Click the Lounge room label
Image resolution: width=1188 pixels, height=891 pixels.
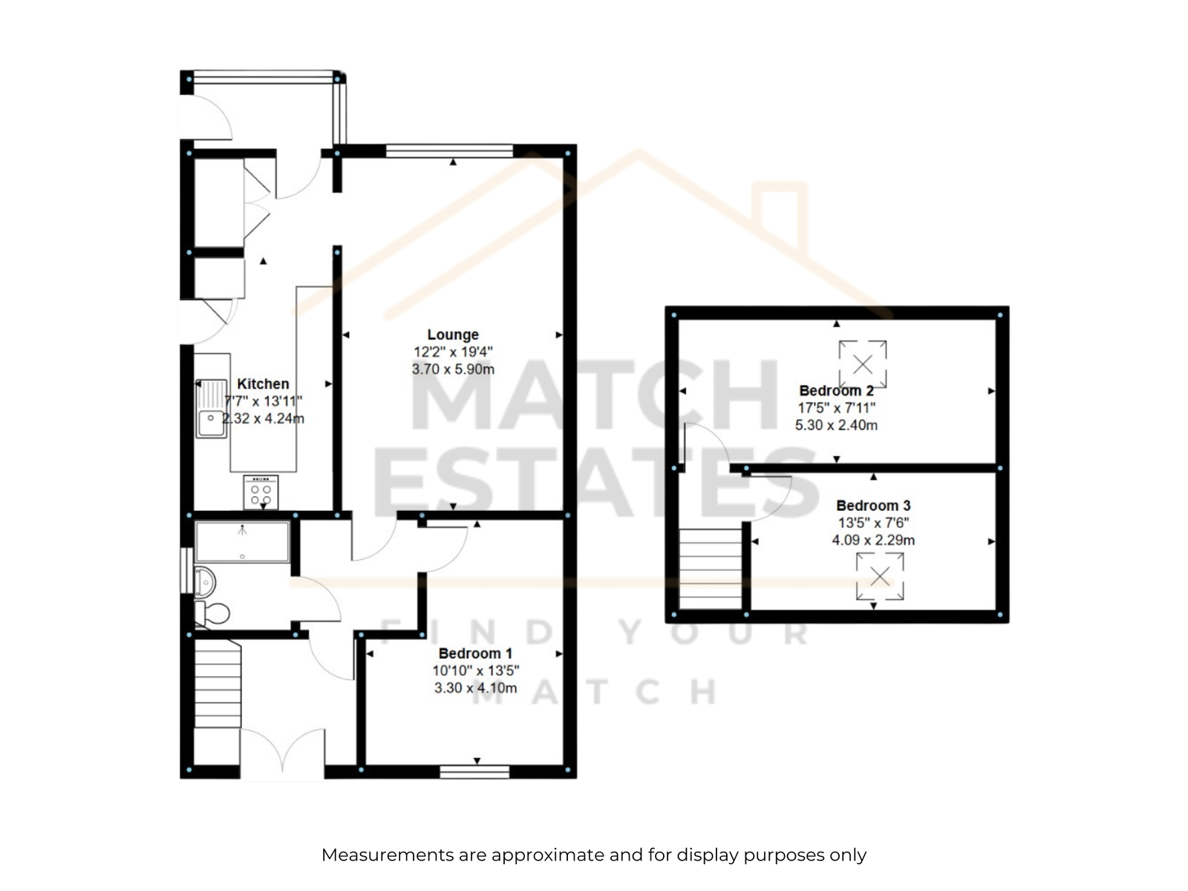pos(452,335)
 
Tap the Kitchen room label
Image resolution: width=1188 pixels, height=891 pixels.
pos(263,384)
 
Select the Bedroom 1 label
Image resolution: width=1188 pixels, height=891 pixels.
pos(475,653)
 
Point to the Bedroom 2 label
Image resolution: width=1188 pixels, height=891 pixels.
pos(836,391)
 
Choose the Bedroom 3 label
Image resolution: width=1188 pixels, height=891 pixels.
pos(873,506)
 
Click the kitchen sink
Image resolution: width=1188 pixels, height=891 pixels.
pos(211,408)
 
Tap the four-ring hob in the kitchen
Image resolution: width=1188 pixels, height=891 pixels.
pos(261,492)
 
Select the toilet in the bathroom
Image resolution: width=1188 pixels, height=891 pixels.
pos(212,613)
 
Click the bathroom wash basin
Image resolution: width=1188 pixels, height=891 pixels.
pos(205,582)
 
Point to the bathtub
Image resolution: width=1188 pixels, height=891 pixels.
pos(242,541)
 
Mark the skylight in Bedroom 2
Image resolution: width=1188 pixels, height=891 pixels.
pos(863,364)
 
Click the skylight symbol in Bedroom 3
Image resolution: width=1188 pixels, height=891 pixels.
pos(880,576)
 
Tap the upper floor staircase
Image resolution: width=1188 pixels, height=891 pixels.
pos(710,569)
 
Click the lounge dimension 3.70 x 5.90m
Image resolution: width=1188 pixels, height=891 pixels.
pos(453,370)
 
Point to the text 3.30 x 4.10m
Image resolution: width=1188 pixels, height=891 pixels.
pos(475,688)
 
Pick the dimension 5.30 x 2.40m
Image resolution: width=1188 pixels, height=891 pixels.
pos(836,425)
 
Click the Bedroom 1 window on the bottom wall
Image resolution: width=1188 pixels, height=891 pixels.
pos(474,772)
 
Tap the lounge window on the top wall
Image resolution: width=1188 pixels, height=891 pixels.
pos(449,151)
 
